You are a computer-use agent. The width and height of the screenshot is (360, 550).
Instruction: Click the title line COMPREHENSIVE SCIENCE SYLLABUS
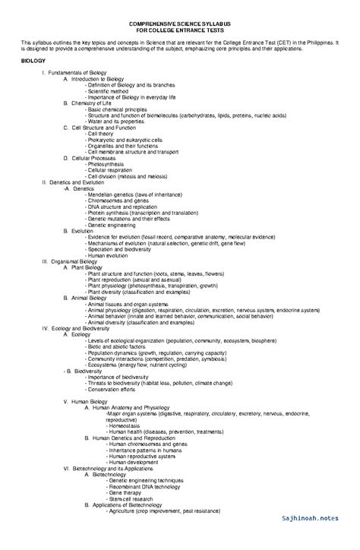[x=180, y=24]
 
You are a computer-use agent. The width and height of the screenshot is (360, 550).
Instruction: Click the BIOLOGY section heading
[x=34, y=59]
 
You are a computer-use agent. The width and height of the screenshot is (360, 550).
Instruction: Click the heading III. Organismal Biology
[x=71, y=261]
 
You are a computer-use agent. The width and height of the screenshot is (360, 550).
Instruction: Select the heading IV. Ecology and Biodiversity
[x=81, y=327]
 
